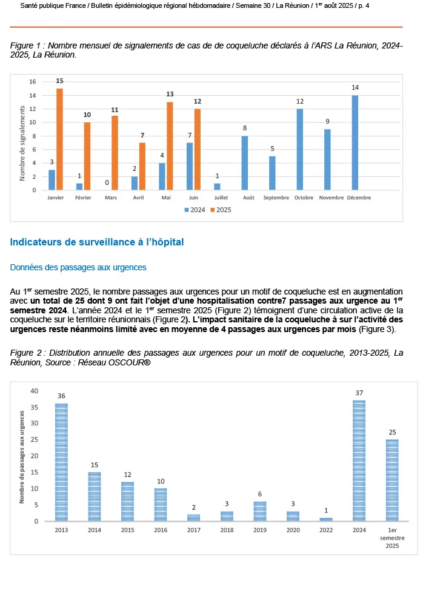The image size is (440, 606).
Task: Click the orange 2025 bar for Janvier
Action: [60, 139]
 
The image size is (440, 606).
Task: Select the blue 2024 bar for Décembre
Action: [355, 143]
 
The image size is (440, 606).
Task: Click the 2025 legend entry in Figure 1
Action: [221, 210]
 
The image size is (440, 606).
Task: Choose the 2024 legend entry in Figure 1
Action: [194, 210]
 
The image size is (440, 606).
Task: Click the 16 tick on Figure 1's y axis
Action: [33, 82]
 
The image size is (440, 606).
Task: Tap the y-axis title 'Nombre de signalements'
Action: [22, 143]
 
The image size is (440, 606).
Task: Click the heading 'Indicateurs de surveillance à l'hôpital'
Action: [97, 242]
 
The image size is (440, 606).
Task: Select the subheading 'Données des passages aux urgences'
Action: [78, 267]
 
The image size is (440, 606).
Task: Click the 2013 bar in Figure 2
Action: [61, 462]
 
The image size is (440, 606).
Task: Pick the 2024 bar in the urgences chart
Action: [359, 461]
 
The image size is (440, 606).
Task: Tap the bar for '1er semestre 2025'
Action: [392, 480]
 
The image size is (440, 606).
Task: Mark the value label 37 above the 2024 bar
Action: [359, 393]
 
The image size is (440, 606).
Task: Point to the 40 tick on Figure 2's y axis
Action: [35, 391]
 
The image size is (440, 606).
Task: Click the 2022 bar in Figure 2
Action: [326, 519]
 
